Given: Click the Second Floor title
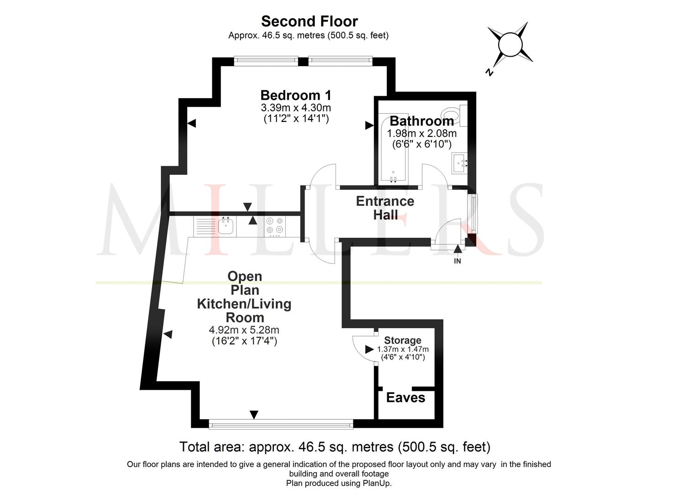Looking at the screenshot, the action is coord(310,21).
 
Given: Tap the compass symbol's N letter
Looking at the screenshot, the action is coord(489,73).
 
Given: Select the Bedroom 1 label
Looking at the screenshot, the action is coord(296,95).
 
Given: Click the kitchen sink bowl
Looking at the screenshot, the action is coord(226,226).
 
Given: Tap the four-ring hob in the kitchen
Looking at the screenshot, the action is coord(274,226).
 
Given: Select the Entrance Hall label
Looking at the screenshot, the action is coord(385,208).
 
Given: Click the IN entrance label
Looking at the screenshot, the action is coord(457,261).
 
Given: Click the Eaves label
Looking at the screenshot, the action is coord(405,398).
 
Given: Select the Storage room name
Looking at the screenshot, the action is coord(403,340).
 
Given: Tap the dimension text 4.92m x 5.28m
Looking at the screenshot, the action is coord(244,330).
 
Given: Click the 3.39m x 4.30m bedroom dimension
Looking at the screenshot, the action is coord(296,107).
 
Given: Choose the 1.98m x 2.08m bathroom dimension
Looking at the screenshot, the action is coord(421,133).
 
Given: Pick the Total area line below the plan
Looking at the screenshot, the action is coord(335,447).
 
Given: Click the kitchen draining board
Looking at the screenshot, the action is coord(206,226).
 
